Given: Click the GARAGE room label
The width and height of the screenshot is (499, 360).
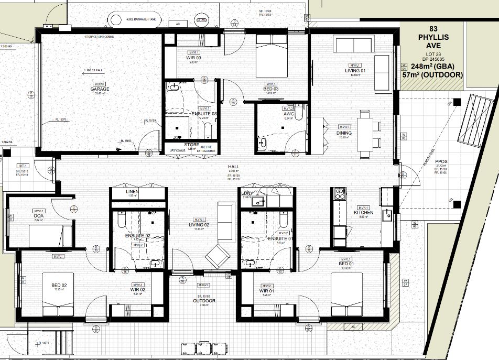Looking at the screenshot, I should pos(99,89).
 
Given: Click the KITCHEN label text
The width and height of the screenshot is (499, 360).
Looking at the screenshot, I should pos(363,213).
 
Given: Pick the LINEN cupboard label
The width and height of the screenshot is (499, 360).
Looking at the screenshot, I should pos(132,192).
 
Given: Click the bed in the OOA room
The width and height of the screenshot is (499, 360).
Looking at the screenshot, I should pos(50,236).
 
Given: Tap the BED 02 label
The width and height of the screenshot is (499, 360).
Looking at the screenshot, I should pos(59,285).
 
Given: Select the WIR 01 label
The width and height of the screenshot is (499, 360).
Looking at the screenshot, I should pos(266,290).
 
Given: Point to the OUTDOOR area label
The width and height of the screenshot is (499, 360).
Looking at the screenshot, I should pos(203,301).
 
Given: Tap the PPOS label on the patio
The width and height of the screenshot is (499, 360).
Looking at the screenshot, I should pos(440,162).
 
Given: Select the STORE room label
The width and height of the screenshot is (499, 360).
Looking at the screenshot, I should pos(191,145).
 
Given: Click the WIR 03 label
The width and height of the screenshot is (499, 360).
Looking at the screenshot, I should pos(193,58).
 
